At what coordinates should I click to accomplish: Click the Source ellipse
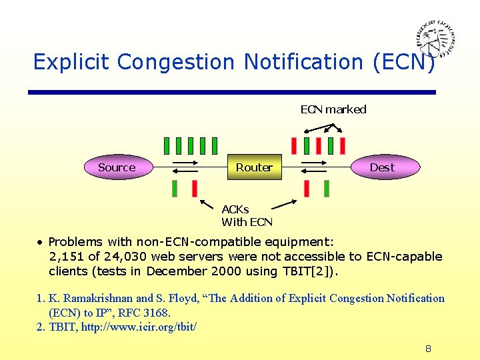pyautogui.click(x=117, y=167)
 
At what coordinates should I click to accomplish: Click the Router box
pyautogui.click(x=254, y=167)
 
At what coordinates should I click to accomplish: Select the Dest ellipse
pyautogui.click(x=383, y=167)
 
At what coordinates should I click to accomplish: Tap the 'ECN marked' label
pyautogui.click(x=333, y=109)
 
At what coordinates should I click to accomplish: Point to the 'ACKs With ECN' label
pyautogui.click(x=247, y=215)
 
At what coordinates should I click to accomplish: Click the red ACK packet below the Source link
pyautogui.click(x=195, y=189)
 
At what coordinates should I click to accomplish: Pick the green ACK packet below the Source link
pyautogui.click(x=175, y=189)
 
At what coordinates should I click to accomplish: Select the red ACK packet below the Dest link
pyautogui.click(x=307, y=189)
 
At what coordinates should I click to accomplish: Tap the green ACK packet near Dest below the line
pyautogui.click(x=327, y=189)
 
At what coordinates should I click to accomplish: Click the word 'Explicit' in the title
pyautogui.click(x=72, y=62)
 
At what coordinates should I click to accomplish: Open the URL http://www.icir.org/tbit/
pyautogui.click(x=139, y=327)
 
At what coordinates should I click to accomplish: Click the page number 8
pyautogui.click(x=428, y=349)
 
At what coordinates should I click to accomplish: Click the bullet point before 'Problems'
pyautogui.click(x=41, y=241)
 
